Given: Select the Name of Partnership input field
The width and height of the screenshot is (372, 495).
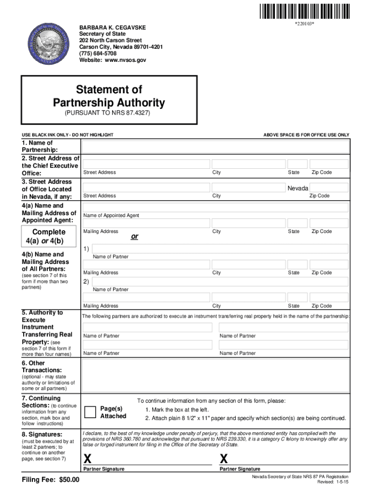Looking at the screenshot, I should (x=215, y=146).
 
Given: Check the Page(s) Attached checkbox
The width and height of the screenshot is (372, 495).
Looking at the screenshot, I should (x=90, y=412).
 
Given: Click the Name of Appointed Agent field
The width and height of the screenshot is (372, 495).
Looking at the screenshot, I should (x=215, y=207).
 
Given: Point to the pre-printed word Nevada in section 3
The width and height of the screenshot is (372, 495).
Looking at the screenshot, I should (x=298, y=188).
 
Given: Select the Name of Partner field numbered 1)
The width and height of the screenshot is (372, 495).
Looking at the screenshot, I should (x=219, y=248).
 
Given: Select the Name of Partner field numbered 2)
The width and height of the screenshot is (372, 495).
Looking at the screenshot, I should (x=219, y=282).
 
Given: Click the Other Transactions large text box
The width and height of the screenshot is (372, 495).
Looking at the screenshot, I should (x=215, y=375).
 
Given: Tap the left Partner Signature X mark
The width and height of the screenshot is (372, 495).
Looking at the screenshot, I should (x=87, y=458).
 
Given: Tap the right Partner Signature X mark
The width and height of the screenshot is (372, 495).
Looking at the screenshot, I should (x=224, y=458).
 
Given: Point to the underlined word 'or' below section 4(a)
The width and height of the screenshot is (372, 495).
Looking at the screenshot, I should (x=135, y=237).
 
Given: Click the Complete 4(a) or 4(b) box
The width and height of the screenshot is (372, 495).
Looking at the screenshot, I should (x=44, y=236).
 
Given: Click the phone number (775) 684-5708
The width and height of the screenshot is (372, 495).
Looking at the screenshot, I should (x=98, y=54).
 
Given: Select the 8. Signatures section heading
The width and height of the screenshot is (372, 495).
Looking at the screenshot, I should (x=42, y=434).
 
